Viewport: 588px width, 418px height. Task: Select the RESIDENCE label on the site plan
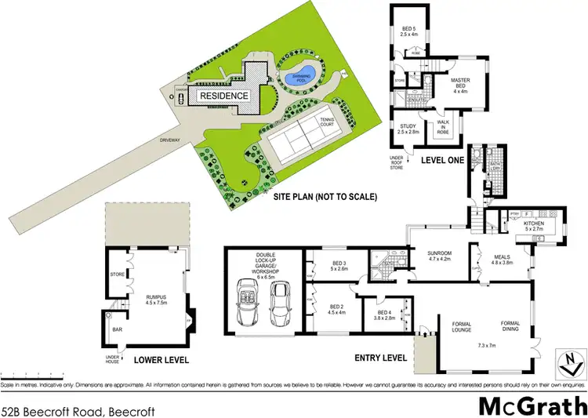point(223,96)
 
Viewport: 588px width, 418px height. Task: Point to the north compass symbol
point(568,362)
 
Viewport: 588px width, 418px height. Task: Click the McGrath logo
point(531,406)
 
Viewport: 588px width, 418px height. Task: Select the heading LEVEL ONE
point(444,161)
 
